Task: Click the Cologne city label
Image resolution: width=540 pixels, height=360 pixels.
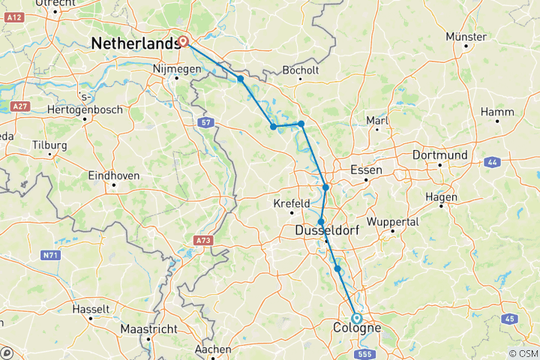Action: pyautogui.click(x=356, y=328)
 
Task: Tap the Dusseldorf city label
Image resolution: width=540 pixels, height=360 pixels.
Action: pyautogui.click(x=328, y=231)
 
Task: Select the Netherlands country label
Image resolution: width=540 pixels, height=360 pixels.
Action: pyautogui.click(x=136, y=44)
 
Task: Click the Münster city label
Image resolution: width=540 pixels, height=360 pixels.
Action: pyautogui.click(x=466, y=37)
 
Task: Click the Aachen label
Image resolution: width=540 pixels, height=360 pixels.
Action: pyautogui.click(x=212, y=349)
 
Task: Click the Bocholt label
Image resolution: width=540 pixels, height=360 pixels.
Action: pyautogui.click(x=301, y=70)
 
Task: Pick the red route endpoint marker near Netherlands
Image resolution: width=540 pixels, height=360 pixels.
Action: pyautogui.click(x=182, y=42)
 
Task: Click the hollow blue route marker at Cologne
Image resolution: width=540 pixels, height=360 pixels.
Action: pyautogui.click(x=356, y=318)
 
